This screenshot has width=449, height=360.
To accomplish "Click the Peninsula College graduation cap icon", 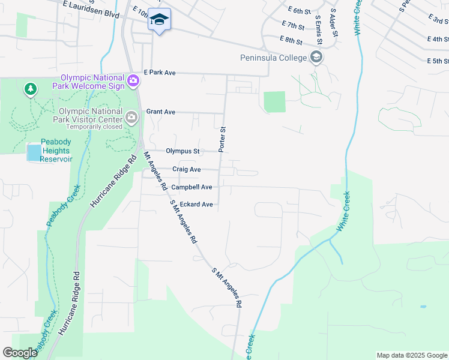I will click(316, 58).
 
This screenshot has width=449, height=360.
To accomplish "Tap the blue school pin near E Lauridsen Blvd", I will click(159, 20).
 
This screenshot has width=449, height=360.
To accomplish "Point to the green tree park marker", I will click(30, 90).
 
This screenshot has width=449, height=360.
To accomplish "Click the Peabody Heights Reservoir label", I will click(56, 151).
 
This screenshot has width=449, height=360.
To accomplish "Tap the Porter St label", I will click(222, 139).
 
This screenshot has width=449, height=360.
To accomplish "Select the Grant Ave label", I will click(161, 112).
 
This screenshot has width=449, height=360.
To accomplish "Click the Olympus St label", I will click(182, 151).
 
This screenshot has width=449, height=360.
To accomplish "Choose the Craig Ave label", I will click(186, 169).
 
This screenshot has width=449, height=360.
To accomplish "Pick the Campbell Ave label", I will click(191, 187).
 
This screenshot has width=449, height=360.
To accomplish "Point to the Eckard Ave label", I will click(196, 205).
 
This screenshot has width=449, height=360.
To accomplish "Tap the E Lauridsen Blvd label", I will click(91, 8).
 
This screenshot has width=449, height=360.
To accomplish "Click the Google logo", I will click(20, 353).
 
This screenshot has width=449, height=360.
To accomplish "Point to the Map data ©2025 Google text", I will click(411, 355).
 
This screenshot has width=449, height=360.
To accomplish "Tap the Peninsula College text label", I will click(273, 58).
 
